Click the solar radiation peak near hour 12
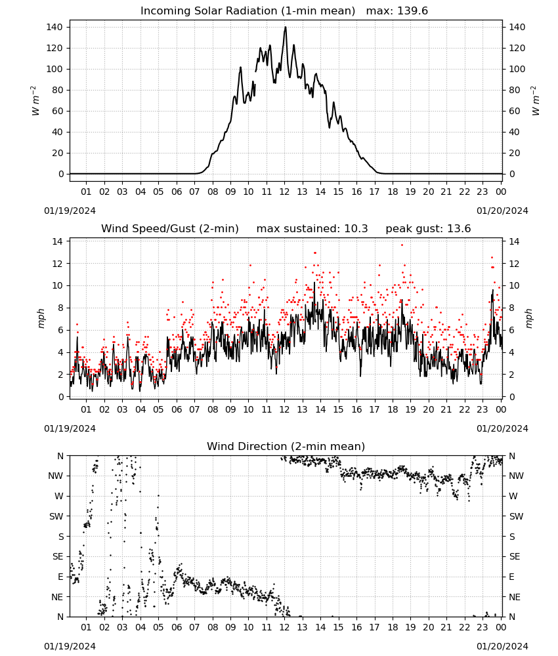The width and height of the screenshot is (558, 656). pyautogui.click(x=286, y=27)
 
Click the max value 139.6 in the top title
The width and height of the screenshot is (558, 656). pyautogui.click(x=412, y=10)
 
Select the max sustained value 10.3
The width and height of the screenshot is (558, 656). pyautogui.click(x=356, y=228)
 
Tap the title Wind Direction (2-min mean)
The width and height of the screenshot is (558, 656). pyautogui.click(x=286, y=446)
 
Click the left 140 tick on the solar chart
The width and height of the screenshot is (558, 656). pyautogui.click(x=54, y=27)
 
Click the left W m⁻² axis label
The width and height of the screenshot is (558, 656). pyautogui.click(x=35, y=101)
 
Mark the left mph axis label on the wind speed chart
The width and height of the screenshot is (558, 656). pyautogui.click(x=41, y=318)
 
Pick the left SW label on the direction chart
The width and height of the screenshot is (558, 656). pyautogui.click(x=56, y=516)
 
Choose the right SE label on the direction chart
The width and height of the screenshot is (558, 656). pyautogui.click(x=515, y=556)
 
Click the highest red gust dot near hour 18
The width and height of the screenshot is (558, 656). pyautogui.click(x=402, y=245)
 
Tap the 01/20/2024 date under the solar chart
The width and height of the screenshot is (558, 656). pyautogui.click(x=502, y=211)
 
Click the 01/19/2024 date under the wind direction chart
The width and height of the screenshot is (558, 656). pyautogui.click(x=70, y=646)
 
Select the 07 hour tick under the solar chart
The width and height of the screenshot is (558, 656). pyautogui.click(x=194, y=192)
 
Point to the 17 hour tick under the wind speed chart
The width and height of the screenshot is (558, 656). pyautogui.click(x=374, y=409)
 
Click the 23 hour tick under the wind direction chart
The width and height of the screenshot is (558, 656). pyautogui.click(x=483, y=627)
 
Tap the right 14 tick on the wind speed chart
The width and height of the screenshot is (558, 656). pyautogui.click(x=514, y=241)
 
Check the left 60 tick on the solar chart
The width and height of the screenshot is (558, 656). pyautogui.click(x=57, y=112)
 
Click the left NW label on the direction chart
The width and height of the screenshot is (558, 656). pyautogui.click(x=56, y=476)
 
